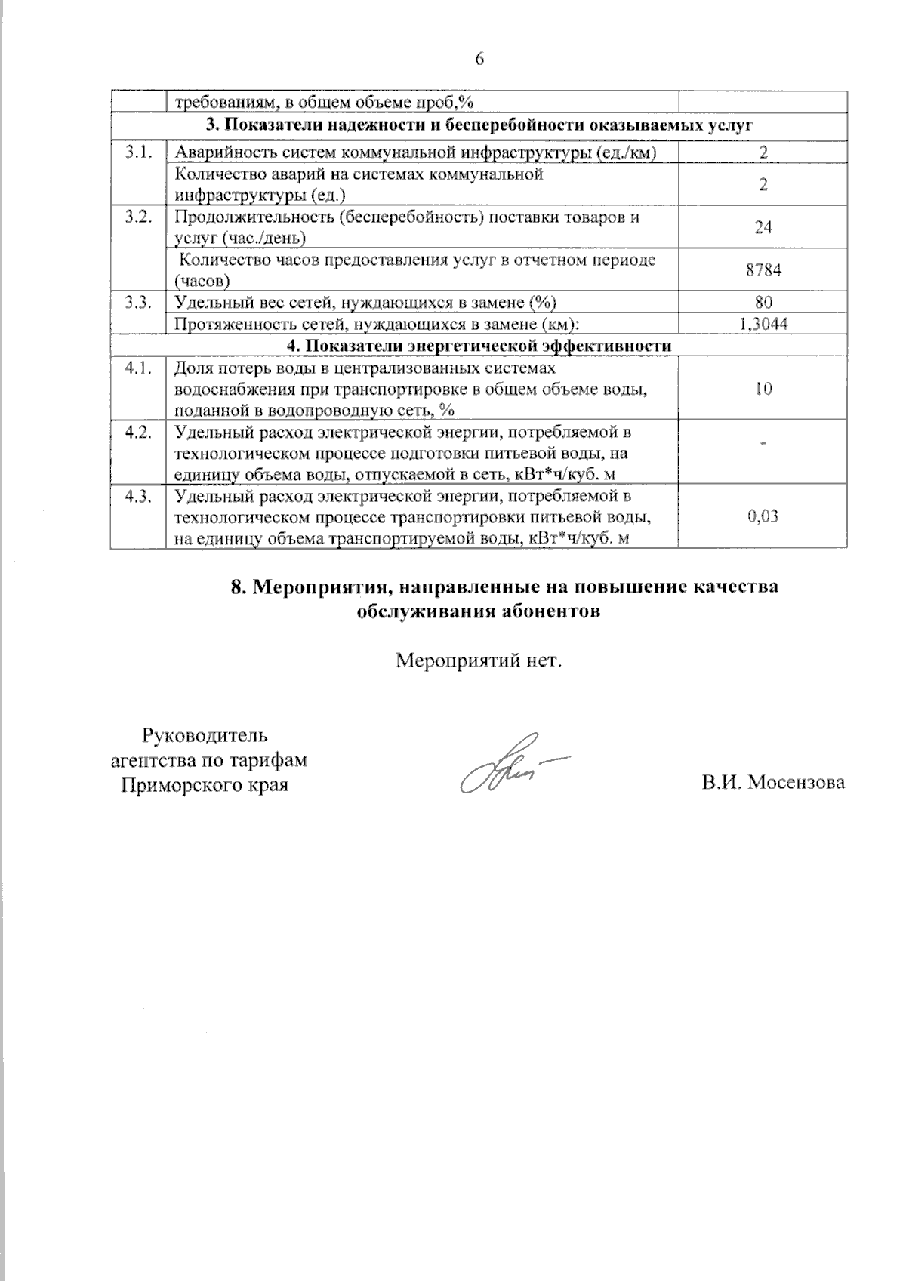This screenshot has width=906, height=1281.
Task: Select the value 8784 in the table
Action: click(763, 270)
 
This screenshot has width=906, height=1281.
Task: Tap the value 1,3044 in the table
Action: click(763, 325)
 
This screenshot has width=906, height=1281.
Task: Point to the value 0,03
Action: click(763, 517)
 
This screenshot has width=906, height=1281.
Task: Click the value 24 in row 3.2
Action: click(763, 227)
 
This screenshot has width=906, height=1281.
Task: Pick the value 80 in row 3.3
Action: click(763, 303)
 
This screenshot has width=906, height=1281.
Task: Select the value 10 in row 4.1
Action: click(763, 390)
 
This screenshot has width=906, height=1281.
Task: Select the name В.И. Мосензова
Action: click(772, 783)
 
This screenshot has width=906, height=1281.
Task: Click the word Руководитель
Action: click(205, 735)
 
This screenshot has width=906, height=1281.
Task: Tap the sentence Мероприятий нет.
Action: click(480, 661)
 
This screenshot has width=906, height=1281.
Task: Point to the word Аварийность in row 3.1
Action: click(219, 152)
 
